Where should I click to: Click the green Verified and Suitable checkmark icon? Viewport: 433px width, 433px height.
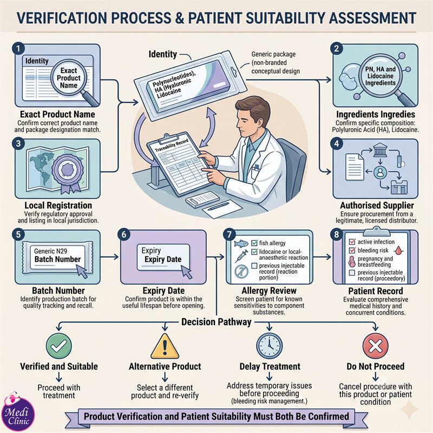pos(59,346)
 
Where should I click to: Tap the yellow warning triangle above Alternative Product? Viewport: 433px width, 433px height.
pos(165,346)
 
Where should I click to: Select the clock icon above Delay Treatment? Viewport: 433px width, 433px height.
pos(269,346)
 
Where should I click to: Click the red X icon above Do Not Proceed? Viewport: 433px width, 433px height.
pos(375,346)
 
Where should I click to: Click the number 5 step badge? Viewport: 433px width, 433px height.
pos(18,234)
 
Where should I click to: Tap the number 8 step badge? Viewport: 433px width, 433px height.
pos(336,234)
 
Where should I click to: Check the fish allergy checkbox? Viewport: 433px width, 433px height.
pos(254,243)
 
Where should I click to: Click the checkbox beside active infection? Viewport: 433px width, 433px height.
pos(352,241)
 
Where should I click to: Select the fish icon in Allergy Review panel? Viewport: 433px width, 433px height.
pos(241,243)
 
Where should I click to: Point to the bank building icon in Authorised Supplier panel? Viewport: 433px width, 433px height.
pos(380,150)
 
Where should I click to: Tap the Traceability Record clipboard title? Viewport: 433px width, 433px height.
pos(172,146)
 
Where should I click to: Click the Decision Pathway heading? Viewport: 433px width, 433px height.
pos(216,322)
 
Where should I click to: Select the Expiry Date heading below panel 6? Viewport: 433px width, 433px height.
pos(163,291)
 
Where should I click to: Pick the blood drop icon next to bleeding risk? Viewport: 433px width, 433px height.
pos(398,251)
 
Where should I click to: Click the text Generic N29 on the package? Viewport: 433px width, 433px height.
pos(50,251)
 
